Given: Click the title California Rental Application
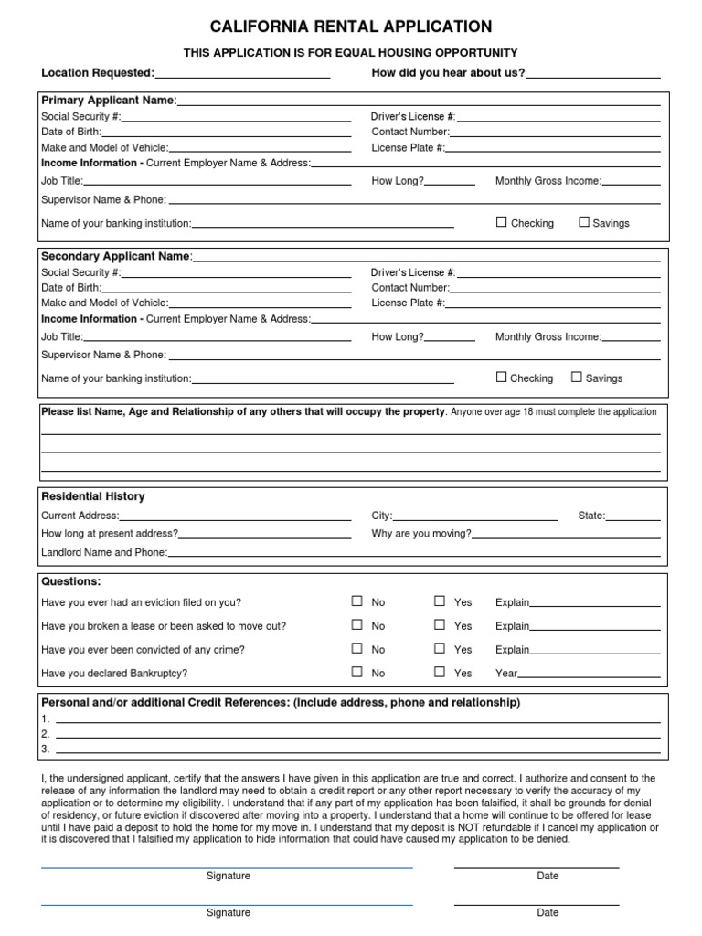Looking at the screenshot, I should click(351, 27).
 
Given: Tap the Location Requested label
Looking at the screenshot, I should click(98, 73).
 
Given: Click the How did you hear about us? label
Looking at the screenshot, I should click(448, 73).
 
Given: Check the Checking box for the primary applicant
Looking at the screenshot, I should click(501, 222).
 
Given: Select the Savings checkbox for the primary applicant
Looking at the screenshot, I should click(584, 222).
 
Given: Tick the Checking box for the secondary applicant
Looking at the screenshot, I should click(501, 377).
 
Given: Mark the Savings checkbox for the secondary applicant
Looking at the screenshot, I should click(577, 377).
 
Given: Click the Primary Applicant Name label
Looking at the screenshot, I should click(108, 101).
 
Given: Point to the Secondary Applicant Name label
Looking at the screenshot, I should click(115, 256).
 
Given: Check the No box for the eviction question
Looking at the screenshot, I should click(357, 601).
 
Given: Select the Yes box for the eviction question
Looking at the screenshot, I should click(440, 601).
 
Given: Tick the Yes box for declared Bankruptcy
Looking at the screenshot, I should click(440, 672).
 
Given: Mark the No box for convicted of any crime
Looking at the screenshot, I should click(357, 648).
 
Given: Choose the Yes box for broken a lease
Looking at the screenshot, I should click(440, 625).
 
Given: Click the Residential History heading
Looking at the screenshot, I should click(92, 496).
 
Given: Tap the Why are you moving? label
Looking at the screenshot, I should click(421, 534).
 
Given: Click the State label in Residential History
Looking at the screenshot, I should click(591, 516).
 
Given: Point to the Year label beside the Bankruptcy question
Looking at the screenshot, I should click(506, 674).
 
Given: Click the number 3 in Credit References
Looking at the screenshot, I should click(45, 750).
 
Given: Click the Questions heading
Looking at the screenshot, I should click(70, 581).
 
